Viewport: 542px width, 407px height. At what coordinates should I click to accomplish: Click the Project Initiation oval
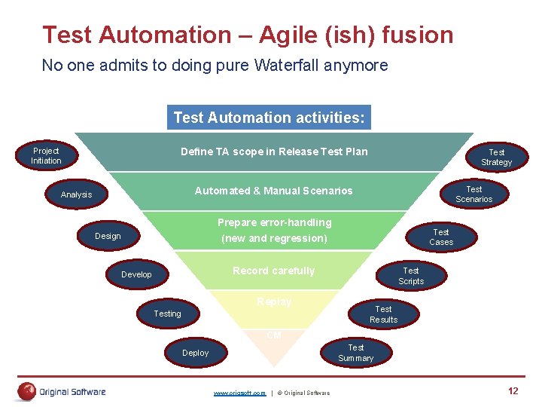(x=46, y=156)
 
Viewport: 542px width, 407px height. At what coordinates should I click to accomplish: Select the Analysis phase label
(x=76, y=195)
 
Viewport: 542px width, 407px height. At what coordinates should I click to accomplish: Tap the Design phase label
(x=108, y=236)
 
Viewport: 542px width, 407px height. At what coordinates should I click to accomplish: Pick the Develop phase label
(x=136, y=275)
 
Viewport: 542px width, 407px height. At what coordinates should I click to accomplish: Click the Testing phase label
(x=167, y=314)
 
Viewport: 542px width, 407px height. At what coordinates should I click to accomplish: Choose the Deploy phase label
(x=196, y=353)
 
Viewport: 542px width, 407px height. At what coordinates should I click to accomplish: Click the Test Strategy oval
(x=496, y=157)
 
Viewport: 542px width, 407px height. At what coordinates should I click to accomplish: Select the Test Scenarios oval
(x=473, y=194)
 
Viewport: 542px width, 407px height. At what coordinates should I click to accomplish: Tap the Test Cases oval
(x=441, y=237)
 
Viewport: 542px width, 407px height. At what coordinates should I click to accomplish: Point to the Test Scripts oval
(x=411, y=276)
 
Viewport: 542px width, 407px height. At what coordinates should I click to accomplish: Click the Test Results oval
(x=383, y=314)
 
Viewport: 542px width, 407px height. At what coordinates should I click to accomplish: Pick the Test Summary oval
(x=355, y=353)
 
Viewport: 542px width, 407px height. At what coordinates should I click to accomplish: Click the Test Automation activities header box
(x=269, y=118)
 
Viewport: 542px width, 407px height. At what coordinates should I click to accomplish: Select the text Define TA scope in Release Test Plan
(x=274, y=151)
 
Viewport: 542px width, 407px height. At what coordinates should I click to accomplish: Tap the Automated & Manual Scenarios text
(x=273, y=191)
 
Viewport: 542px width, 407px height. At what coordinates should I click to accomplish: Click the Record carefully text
(x=273, y=271)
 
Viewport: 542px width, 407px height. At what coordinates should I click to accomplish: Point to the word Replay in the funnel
(x=273, y=301)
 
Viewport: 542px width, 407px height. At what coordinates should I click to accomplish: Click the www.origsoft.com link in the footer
(x=239, y=393)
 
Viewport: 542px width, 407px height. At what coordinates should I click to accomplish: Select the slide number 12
(x=513, y=391)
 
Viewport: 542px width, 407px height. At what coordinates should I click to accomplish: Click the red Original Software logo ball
(x=28, y=391)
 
